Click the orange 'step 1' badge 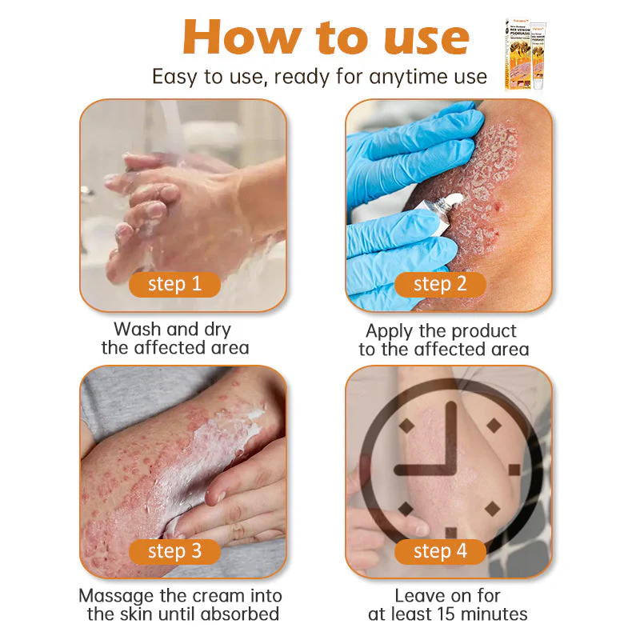pyautogui.click(x=174, y=284)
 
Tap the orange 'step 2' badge pyautogui.click(x=440, y=284)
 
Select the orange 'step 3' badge pyautogui.click(x=174, y=551)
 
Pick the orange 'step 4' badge pyautogui.click(x=440, y=551)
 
